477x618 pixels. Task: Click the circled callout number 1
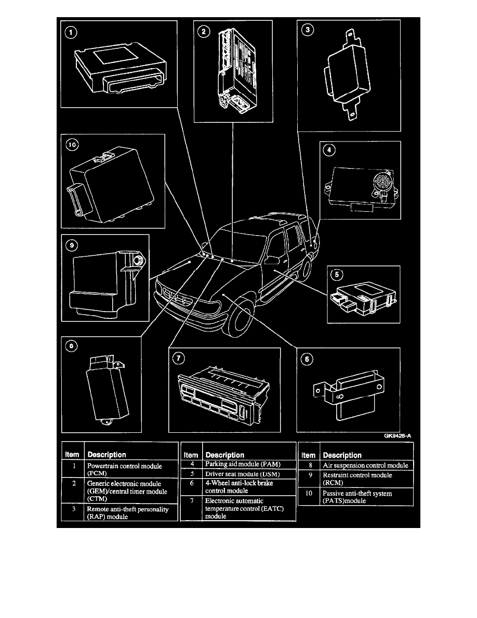72,33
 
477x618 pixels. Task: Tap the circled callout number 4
328,150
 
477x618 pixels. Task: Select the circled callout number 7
179,358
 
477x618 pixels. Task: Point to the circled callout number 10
70,146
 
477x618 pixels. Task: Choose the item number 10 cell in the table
310,493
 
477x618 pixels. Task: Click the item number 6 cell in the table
192,483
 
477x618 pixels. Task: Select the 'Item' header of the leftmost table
72,455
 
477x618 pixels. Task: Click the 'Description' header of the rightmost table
342,455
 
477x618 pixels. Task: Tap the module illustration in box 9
104,284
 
